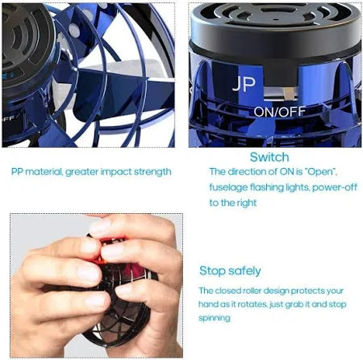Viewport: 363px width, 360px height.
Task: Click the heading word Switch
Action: tap(269, 157)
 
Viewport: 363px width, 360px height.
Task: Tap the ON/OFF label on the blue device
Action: tap(280, 112)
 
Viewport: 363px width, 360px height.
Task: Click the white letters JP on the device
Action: tap(244, 84)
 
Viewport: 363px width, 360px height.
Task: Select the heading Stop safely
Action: tap(230, 271)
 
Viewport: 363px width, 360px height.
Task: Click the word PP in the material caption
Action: tap(17, 172)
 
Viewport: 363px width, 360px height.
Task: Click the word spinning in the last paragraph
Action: tap(215, 318)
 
